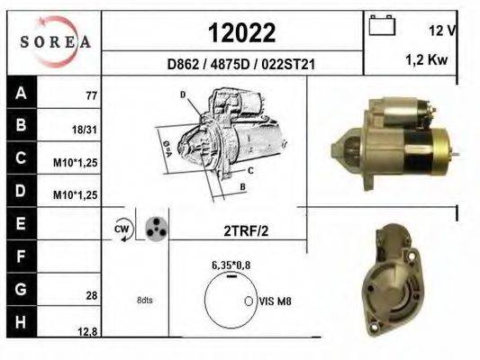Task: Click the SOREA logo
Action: (x=53, y=41)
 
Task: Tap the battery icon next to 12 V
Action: (x=383, y=27)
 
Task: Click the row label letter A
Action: (x=21, y=91)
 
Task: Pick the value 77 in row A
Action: (x=91, y=94)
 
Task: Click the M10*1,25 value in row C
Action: (x=78, y=162)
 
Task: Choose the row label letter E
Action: (x=21, y=221)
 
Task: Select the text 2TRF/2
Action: (x=246, y=229)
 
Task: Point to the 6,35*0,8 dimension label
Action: (x=232, y=265)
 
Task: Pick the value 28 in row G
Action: (x=91, y=295)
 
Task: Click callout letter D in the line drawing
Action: (x=182, y=94)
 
